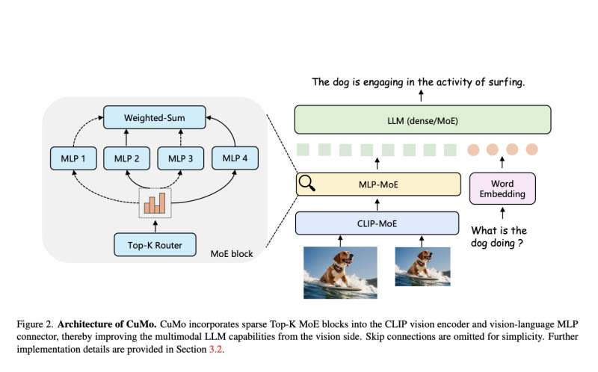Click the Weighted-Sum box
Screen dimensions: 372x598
pos(155,117)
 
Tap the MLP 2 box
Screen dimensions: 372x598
pos(127,158)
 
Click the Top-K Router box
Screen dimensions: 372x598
pos(154,244)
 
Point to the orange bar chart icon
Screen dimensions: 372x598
pos(155,202)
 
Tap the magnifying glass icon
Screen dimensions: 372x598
pos(306,182)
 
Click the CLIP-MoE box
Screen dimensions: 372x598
pos(377,223)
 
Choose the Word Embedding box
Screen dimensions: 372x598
pos(502,188)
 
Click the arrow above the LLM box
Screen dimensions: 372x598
pos(422,96)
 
